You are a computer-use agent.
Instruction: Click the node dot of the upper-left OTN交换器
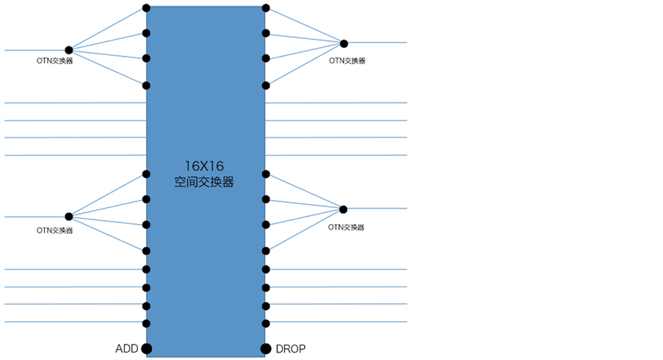[x=69, y=50]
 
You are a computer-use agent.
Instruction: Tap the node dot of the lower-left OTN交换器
[x=69, y=217]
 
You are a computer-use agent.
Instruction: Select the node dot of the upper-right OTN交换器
[x=344, y=43]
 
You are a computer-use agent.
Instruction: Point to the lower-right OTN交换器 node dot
[x=343, y=209]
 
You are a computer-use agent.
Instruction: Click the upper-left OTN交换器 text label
[x=54, y=61]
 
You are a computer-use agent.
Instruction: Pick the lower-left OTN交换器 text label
[x=54, y=230]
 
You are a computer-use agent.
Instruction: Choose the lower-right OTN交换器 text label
[x=347, y=228]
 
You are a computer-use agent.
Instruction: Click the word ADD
[x=127, y=348]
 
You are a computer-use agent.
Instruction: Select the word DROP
[x=290, y=348]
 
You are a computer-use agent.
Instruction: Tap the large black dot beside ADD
[x=147, y=348]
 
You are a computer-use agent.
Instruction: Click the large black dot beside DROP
[x=266, y=348]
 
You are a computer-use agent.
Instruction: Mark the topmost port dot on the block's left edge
[x=147, y=9]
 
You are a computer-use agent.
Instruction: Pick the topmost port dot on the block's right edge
[x=266, y=9]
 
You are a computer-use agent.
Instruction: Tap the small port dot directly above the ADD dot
[x=147, y=323]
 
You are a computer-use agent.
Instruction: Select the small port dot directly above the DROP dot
[x=266, y=323]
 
